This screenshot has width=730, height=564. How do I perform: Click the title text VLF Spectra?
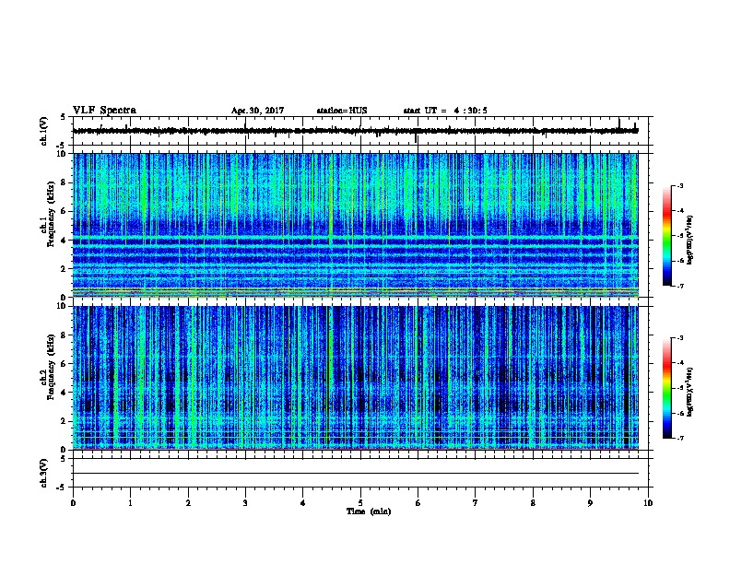[x=104, y=110]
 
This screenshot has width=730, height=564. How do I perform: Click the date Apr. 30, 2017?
[x=257, y=111]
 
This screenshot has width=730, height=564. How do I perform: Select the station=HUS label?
[x=341, y=111]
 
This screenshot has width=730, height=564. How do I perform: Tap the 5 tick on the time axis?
[x=360, y=502]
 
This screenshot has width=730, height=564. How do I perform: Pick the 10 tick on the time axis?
[x=648, y=502]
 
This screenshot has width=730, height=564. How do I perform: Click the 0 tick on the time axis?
[x=73, y=502]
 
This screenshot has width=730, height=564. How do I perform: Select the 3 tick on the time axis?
[x=245, y=502]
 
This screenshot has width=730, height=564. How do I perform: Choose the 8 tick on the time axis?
[x=533, y=502]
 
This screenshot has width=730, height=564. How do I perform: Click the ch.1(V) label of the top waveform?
[x=44, y=131]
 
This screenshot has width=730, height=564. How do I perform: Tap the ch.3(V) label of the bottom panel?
[x=44, y=472]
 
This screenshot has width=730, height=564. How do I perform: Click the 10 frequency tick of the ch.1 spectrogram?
[x=63, y=154]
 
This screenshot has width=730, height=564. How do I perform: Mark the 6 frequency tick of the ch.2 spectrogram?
[x=64, y=363]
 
